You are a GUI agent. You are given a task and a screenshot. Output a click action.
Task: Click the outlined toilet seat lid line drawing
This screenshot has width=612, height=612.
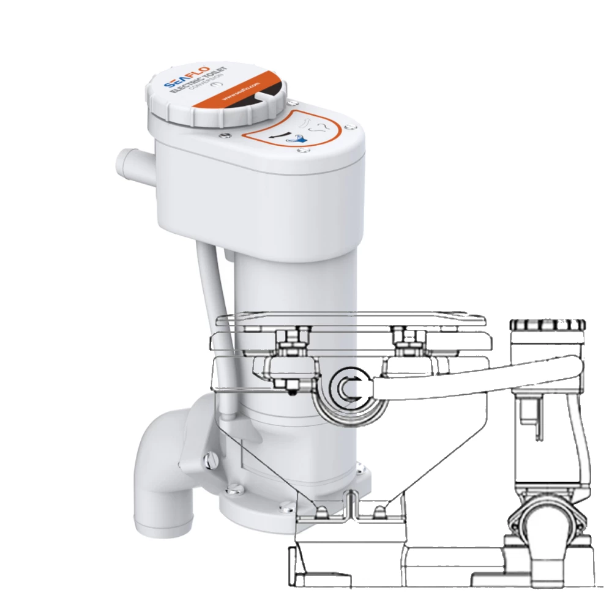pyautogui.click(x=352, y=318)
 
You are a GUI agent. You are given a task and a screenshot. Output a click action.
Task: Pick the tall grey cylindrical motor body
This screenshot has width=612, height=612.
pyautogui.click(x=288, y=343)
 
